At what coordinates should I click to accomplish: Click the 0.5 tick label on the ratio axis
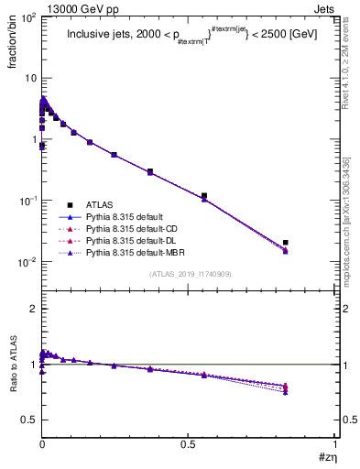coord(27,420)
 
